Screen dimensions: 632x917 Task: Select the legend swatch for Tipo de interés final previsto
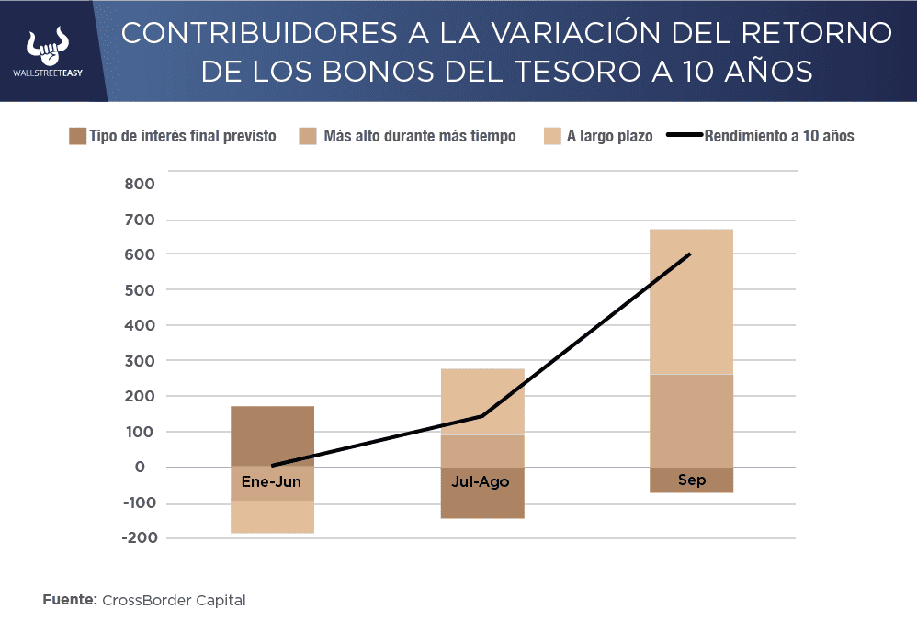coord(77,136)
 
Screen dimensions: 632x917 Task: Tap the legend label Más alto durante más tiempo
coord(420,136)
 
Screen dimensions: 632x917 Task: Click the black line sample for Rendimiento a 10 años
coord(683,136)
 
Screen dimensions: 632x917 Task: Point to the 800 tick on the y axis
coord(141,184)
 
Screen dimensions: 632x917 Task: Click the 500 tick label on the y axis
coord(141,290)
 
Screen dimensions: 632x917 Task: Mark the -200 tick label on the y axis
coord(137,538)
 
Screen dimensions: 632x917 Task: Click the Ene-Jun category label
coord(271,481)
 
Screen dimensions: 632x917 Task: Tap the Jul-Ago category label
coord(481,481)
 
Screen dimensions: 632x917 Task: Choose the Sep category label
coord(691,480)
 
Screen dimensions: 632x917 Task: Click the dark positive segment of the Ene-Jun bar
coord(272,434)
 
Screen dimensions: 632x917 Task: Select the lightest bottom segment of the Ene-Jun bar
coord(272,517)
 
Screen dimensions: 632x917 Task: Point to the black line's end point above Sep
coord(690,254)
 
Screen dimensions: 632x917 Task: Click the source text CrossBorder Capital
coord(174,601)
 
